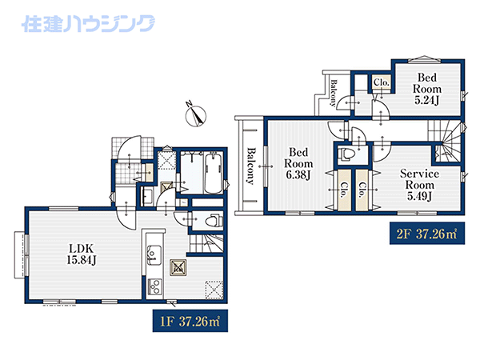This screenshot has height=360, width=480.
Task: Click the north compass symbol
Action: coord(196,114)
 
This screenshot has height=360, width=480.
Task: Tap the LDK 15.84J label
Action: coord(82,254)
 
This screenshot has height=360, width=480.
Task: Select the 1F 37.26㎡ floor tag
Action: coord(190,321)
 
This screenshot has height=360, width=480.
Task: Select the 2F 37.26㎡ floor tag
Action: coord(427,234)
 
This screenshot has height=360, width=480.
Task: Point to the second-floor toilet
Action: coord(346,154)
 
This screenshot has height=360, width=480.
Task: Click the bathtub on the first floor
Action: coord(214,173)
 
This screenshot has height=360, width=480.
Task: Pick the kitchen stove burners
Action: coord(154,287)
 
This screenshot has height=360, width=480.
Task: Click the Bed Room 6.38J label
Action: coord(298,163)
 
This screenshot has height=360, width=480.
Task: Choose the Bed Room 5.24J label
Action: coord(427,89)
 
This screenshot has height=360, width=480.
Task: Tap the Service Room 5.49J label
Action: coord(419,185)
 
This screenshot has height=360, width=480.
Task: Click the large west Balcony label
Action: coord(250,166)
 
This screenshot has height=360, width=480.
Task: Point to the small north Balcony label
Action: coord(334,93)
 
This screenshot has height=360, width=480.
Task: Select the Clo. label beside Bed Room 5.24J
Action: coord(382,82)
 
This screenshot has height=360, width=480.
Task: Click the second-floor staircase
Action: coord(446,141)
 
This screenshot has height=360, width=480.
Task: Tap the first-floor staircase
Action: coord(206,244)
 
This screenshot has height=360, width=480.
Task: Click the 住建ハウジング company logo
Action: coord(88,23)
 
